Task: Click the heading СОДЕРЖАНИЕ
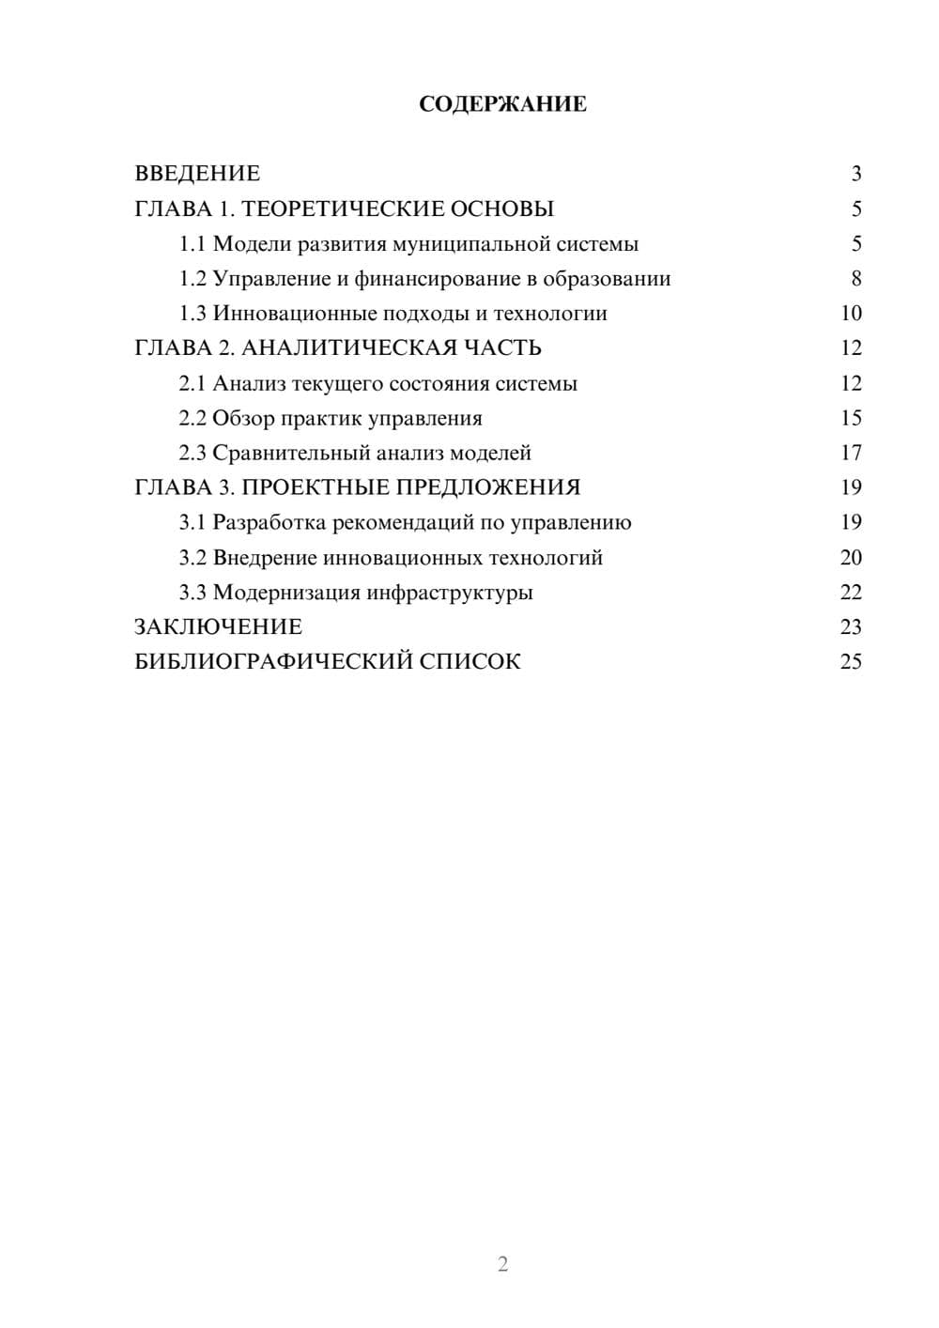click(x=502, y=104)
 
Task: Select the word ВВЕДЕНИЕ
click(x=197, y=174)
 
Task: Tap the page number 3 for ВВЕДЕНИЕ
click(x=856, y=174)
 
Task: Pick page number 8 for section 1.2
click(x=856, y=279)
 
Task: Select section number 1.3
click(x=192, y=314)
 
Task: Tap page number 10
click(x=851, y=314)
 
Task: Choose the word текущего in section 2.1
click(x=337, y=383)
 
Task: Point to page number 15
click(x=851, y=418)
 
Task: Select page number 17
click(x=851, y=453)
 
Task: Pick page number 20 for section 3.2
click(x=851, y=558)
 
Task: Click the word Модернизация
click(x=286, y=593)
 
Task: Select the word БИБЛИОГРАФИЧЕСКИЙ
click(x=272, y=662)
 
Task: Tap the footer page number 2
click(x=502, y=1264)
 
